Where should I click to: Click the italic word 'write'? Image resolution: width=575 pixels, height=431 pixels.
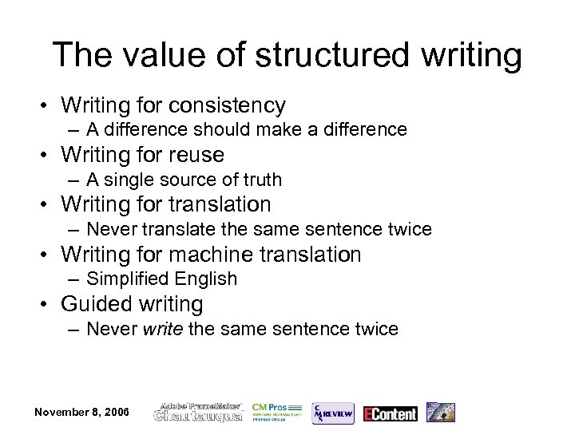point(163,329)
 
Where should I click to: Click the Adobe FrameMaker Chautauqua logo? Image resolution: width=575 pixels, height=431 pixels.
point(198,412)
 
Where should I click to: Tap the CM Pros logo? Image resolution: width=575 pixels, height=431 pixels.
point(276,412)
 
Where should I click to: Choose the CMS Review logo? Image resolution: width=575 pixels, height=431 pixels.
point(332,413)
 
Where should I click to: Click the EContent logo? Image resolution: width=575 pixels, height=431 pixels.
point(391,413)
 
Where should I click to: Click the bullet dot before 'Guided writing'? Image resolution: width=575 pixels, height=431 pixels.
point(50,305)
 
